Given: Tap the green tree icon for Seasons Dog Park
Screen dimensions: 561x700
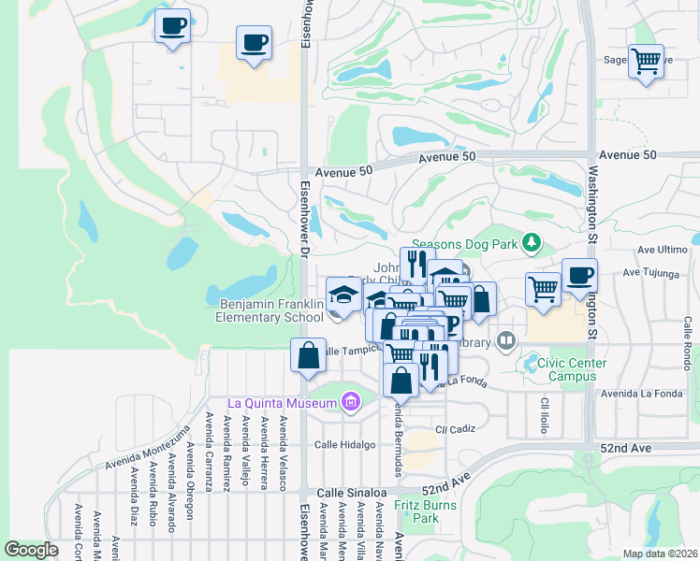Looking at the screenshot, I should click(532, 243).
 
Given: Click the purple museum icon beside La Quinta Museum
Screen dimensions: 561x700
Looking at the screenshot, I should click(351, 403).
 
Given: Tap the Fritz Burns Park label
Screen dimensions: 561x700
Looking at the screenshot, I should click(416, 511).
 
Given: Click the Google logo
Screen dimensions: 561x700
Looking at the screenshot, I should click(32, 550).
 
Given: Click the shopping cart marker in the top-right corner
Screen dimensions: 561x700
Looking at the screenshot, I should click(646, 62).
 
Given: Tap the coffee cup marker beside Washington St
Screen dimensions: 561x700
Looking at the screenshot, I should click(579, 276).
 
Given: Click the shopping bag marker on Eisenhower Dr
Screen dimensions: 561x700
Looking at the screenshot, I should click(309, 355).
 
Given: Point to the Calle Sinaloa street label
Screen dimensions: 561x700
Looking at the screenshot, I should click(351, 492).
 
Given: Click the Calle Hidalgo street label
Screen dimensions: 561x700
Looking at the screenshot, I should click(344, 444).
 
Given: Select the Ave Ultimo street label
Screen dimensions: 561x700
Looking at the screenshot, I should click(662, 250).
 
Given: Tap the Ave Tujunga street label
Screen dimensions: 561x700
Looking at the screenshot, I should click(661, 273).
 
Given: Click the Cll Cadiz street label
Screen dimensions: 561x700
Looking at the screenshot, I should click(456, 429).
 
